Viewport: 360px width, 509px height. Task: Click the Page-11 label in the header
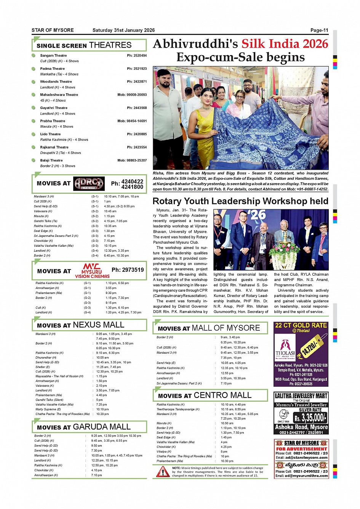coord(319,30)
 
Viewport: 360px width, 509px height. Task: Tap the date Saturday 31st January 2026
coord(123,30)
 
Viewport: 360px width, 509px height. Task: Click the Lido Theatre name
coord(50,134)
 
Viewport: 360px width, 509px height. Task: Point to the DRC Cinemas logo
coord(89,183)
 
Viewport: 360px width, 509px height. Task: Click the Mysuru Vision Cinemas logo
coord(92,271)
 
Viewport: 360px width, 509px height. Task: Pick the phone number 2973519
coord(128,270)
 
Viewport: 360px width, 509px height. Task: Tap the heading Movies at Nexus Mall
coord(80,325)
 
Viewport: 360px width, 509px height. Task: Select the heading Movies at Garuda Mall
coord(83,427)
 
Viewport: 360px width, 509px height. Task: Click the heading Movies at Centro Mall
coord(205,396)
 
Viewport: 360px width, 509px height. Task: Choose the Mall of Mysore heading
coord(226,328)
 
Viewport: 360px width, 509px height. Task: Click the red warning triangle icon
coord(163,472)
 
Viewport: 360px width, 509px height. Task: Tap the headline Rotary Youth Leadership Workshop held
coord(240,201)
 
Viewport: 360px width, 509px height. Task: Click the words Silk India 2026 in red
coord(285,44)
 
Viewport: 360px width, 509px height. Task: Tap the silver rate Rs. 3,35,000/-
coord(310,418)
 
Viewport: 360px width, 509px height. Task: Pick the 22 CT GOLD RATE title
coord(301,326)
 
